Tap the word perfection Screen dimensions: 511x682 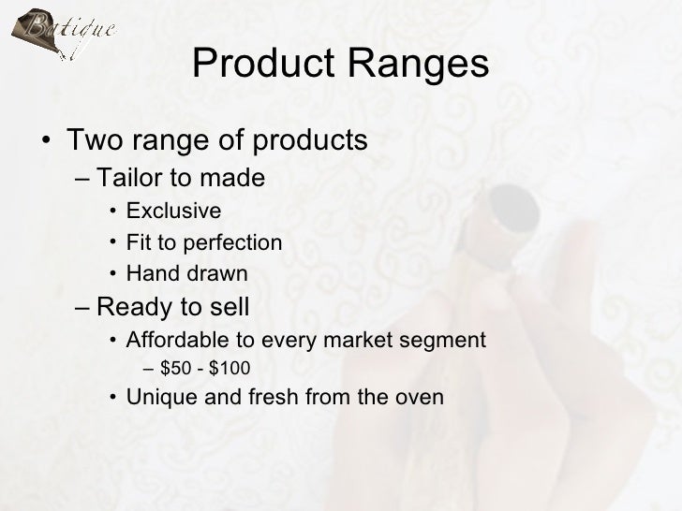pyautogui.click(x=229, y=243)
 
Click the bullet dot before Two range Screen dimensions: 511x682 pyautogui.click(x=46, y=144)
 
